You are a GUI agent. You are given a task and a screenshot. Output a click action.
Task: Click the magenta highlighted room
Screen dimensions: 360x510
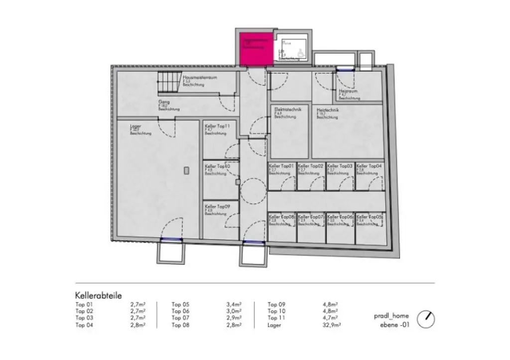[256, 50]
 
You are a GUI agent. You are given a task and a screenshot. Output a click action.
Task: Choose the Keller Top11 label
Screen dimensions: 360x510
[217, 127]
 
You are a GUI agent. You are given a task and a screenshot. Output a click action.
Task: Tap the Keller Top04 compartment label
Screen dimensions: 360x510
[369, 166]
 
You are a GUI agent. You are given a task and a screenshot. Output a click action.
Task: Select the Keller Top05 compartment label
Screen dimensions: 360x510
[369, 217]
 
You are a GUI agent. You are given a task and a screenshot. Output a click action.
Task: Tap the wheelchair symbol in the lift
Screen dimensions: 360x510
[300, 51]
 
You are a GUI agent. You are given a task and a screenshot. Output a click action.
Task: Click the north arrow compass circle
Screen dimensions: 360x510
[425, 319]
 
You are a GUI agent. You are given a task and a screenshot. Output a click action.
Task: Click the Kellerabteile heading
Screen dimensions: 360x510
[99, 295]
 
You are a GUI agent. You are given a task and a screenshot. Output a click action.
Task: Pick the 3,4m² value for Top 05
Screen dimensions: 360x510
[234, 304]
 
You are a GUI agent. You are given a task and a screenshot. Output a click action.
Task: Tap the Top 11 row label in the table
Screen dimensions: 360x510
[276, 318]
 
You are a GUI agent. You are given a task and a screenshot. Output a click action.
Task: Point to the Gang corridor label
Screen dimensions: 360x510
[164, 102]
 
